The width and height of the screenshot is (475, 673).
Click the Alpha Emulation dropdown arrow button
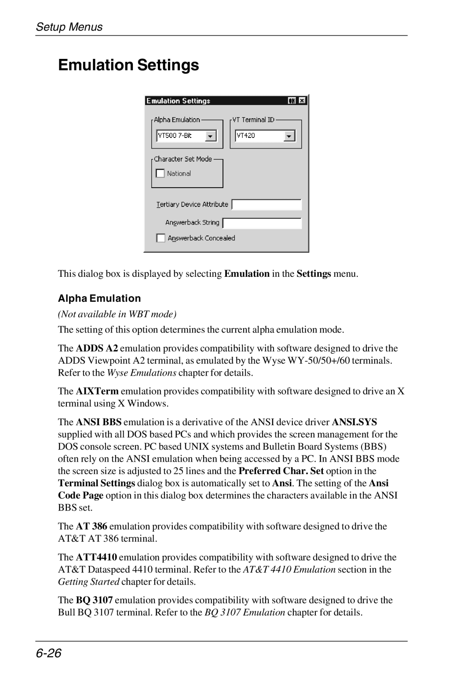211,136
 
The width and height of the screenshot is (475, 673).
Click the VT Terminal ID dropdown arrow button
289,136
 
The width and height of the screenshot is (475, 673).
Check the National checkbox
161,174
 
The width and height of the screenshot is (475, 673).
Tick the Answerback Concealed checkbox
161,238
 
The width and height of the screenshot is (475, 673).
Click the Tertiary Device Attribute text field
267,205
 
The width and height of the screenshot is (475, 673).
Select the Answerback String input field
262,223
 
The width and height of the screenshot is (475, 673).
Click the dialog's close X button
302,101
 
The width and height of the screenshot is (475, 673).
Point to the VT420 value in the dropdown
246,136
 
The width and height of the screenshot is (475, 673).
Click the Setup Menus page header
69,27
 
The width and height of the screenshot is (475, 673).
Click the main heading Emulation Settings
128,65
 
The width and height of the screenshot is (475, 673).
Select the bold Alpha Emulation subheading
99,298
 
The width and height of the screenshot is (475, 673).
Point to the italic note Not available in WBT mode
117,314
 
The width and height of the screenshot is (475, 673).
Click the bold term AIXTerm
97,391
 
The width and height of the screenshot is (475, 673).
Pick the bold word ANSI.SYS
354,422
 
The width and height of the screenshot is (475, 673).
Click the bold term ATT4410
96,557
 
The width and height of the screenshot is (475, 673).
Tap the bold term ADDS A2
97,348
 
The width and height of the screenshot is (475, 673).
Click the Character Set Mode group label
183,159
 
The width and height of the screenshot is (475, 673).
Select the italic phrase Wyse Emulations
142,373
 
